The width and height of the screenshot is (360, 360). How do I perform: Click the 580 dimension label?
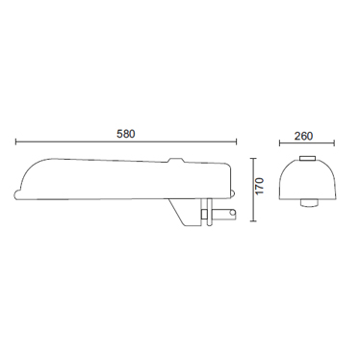click(x=126, y=134)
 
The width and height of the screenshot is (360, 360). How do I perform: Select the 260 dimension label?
click(x=303, y=136)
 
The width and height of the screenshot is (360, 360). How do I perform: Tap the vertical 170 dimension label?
click(x=259, y=186)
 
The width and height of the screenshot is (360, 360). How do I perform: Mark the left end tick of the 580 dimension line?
click(x=16, y=141)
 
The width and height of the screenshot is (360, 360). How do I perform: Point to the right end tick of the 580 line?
click(x=236, y=141)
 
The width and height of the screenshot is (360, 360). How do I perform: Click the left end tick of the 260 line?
click(x=279, y=143)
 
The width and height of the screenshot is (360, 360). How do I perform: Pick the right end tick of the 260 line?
click(x=334, y=143)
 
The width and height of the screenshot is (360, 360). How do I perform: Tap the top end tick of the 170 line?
click(x=253, y=159)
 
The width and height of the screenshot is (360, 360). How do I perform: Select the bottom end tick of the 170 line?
click(x=253, y=221)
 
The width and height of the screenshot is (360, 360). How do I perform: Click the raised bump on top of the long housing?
click(x=176, y=160)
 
